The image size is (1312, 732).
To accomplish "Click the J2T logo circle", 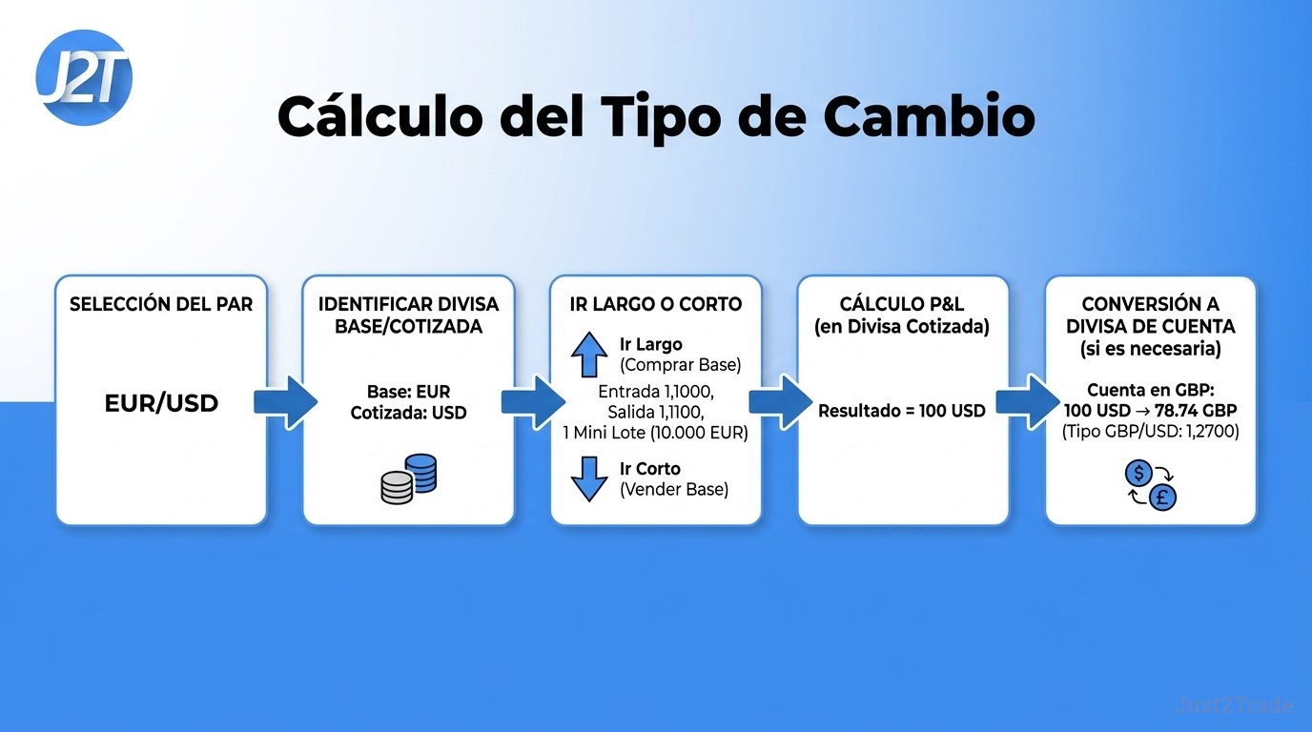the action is [84, 77].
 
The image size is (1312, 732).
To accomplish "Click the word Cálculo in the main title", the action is [380, 116].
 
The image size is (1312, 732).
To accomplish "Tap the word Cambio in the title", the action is [929, 116].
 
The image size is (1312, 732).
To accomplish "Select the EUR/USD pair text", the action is [161, 403].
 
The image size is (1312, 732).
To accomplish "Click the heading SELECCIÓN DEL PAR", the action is [161, 304].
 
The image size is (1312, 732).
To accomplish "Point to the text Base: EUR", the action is [408, 391].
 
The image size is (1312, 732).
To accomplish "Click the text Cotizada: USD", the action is [408, 413].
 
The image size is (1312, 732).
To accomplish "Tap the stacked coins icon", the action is [409, 478].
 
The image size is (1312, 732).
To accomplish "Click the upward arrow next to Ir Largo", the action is [589, 355].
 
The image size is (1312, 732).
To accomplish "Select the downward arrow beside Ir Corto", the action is [589, 479].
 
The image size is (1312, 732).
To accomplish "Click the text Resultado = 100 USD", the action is [901, 411].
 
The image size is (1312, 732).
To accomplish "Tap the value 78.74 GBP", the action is [1196, 410].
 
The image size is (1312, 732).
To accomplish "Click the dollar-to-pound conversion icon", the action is [1151, 485].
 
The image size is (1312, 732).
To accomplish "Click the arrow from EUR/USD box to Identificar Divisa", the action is [285, 403].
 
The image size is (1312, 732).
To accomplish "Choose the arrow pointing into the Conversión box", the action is [1028, 403].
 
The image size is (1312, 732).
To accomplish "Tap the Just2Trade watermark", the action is [1234, 705].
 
